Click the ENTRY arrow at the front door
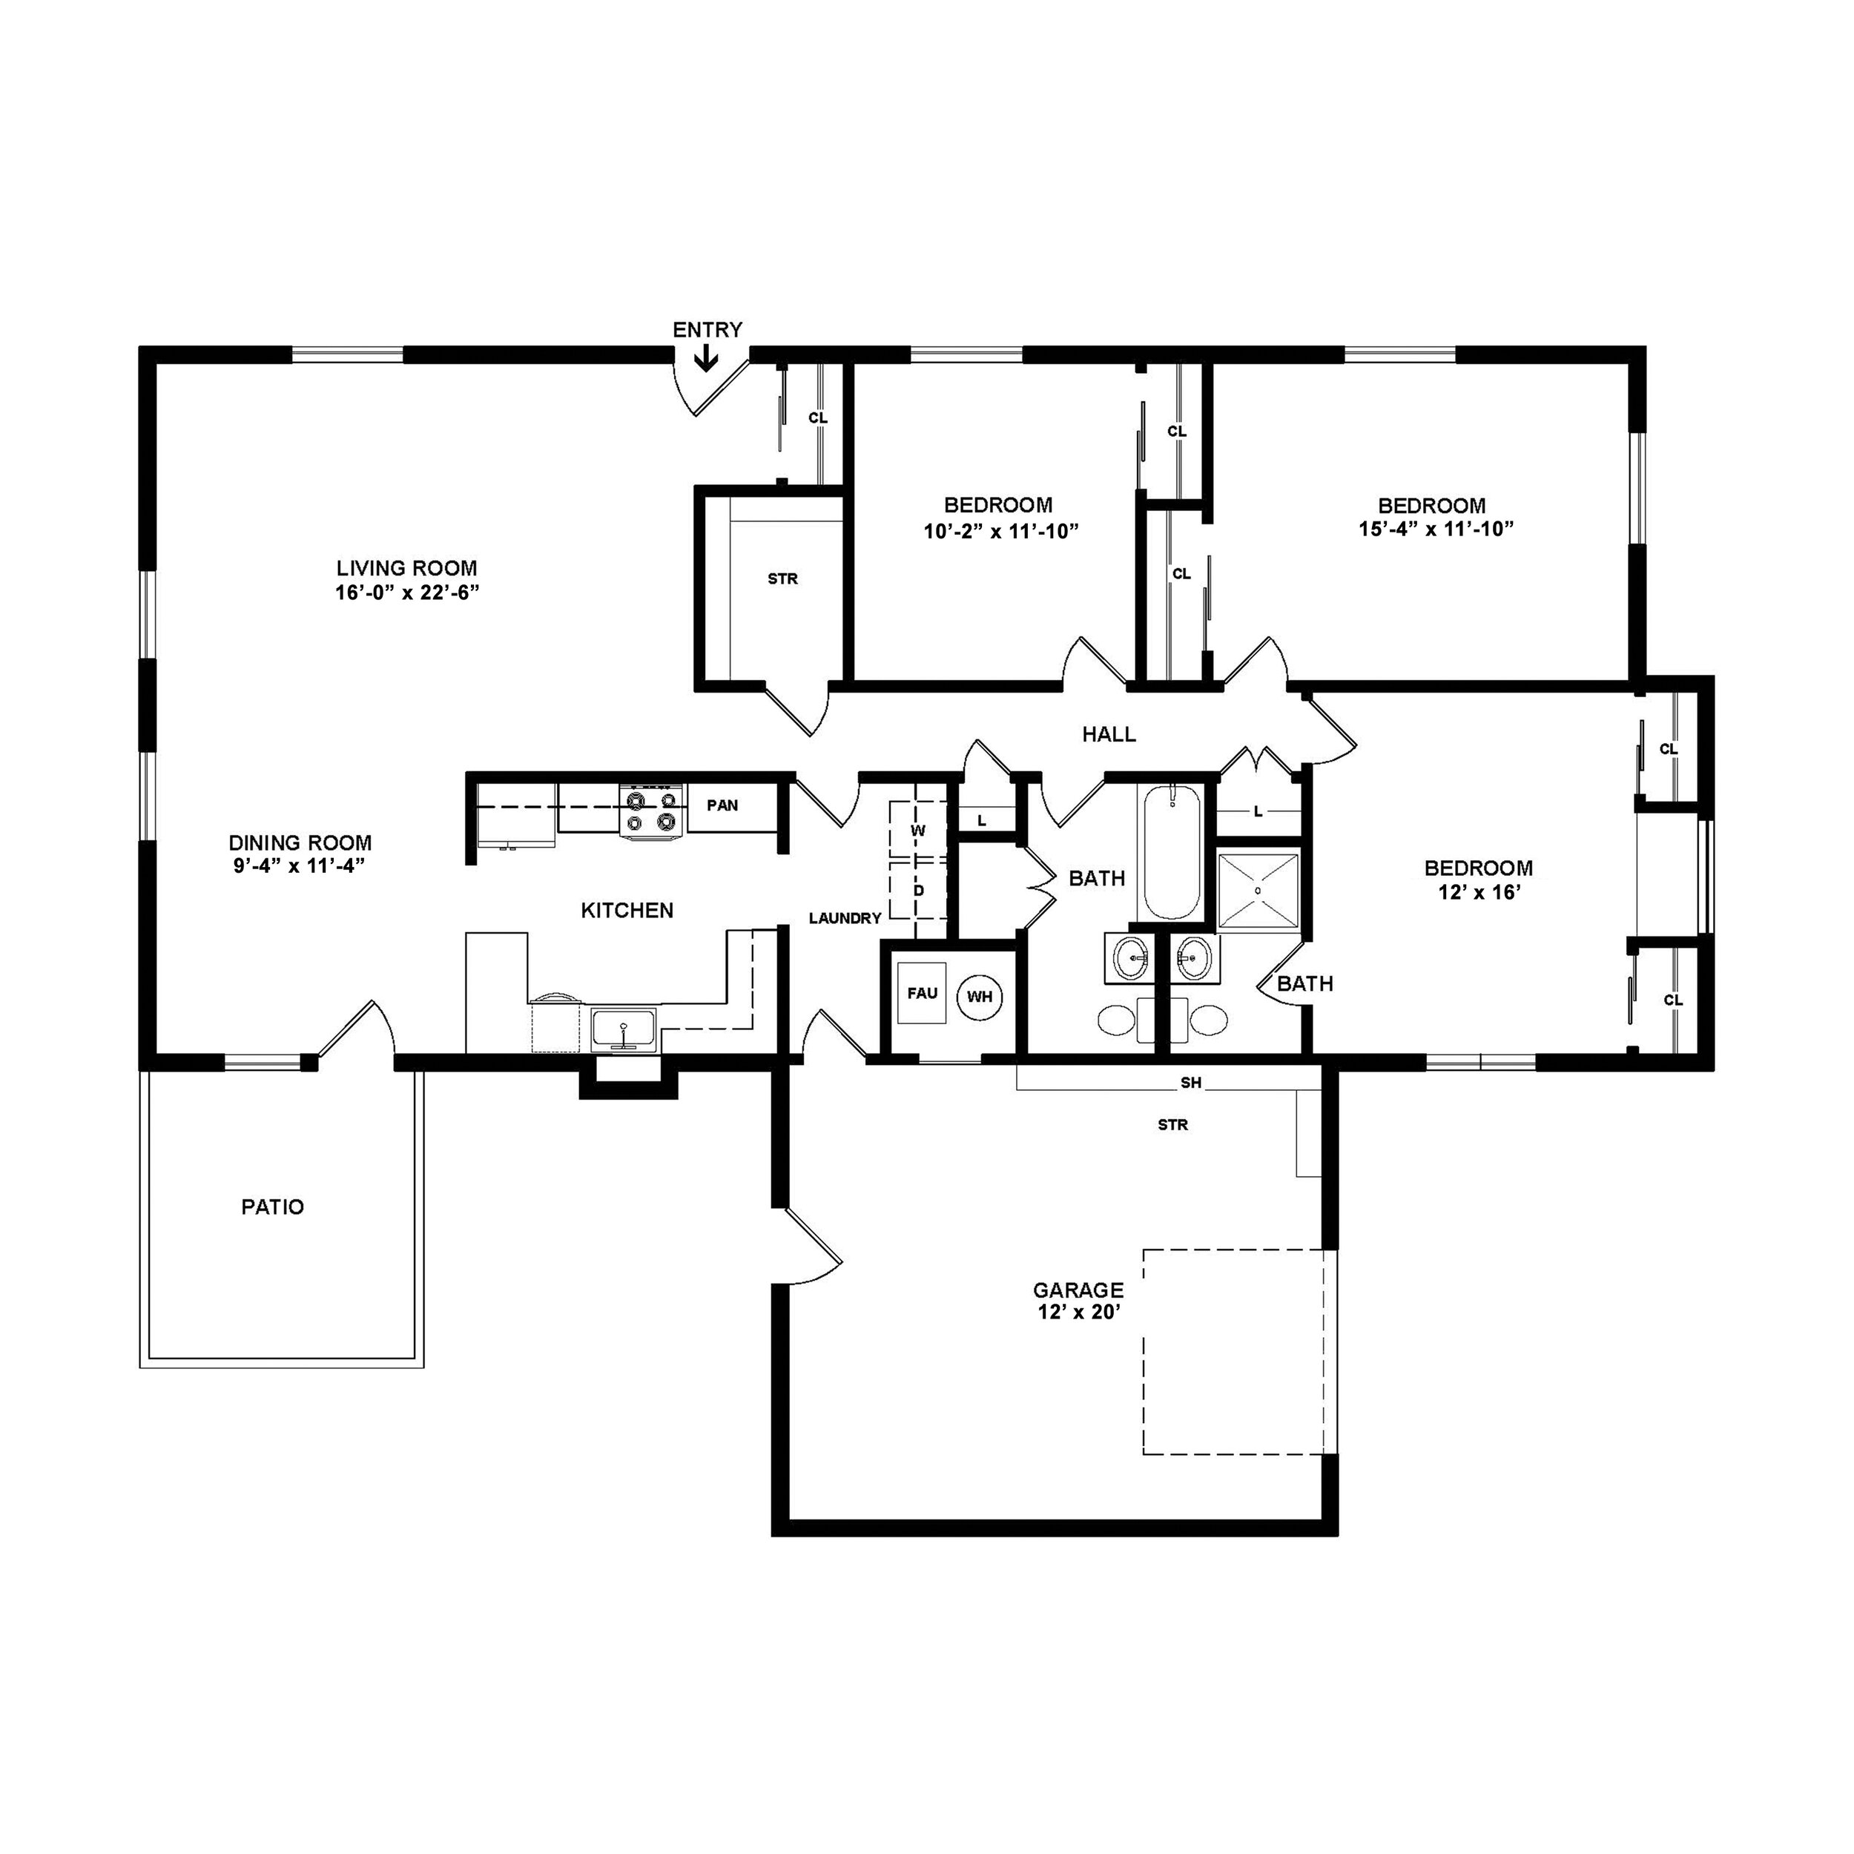coord(706,360)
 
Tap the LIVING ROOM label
coord(407,568)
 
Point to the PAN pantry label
coord(722,805)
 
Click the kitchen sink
coord(624,1029)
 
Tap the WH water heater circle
coord(979,996)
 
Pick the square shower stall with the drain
coord(1257,890)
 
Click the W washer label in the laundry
coord(918,830)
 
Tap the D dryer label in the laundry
coord(918,891)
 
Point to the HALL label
coord(1109,735)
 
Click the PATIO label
coord(272,1207)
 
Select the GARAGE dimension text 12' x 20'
coord(1078,1313)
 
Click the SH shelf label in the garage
coord(1190,1083)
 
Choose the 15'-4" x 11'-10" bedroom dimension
coord(1436,529)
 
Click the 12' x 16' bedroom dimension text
coord(1478,891)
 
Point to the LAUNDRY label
coord(845,918)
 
